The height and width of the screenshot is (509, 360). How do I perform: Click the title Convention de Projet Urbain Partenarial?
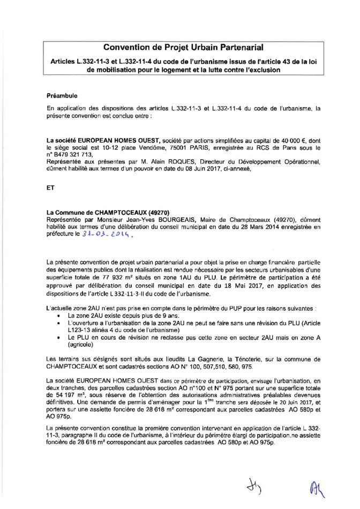(x=180, y=48)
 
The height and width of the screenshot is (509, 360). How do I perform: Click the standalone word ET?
(x=51, y=188)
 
